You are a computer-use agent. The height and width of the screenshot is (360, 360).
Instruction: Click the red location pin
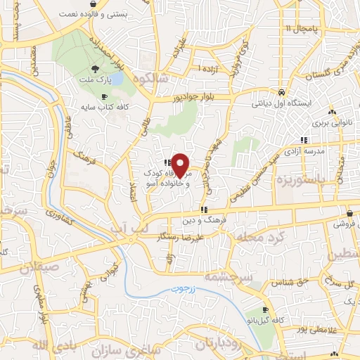click(180, 165)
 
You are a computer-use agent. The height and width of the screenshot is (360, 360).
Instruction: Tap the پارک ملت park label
click(96, 81)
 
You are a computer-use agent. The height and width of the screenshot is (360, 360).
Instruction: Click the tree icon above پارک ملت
click(96, 68)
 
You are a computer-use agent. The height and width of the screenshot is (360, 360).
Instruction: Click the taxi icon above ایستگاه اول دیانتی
click(281, 92)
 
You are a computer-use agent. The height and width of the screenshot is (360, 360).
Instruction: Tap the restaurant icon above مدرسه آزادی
click(304, 140)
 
